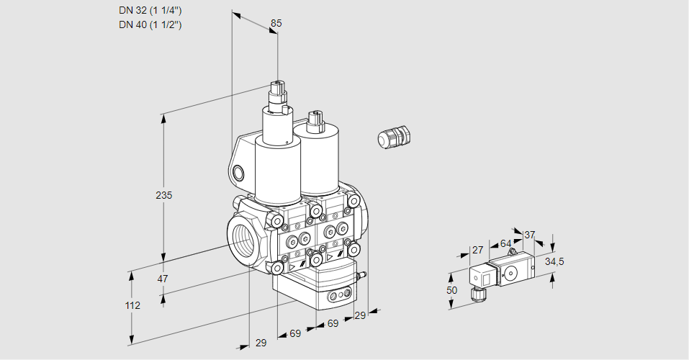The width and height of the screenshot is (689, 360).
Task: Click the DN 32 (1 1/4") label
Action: [150, 10]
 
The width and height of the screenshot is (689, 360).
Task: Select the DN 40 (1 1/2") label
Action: [150, 24]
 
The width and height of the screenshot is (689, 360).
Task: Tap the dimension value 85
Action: [276, 23]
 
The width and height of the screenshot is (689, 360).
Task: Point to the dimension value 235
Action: [166, 195]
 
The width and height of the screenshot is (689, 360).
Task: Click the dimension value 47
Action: [163, 279]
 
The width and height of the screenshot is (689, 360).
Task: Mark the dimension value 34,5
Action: [554, 261]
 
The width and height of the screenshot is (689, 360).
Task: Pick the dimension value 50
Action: [451, 290]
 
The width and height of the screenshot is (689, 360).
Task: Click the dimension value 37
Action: [530, 235]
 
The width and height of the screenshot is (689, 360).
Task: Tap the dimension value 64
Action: [505, 243]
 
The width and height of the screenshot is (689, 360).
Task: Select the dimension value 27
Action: [477, 250]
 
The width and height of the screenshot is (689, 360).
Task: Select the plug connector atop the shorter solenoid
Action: [314, 120]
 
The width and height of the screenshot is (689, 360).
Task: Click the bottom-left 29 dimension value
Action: [261, 343]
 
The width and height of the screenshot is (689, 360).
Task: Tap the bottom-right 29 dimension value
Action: [361, 315]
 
